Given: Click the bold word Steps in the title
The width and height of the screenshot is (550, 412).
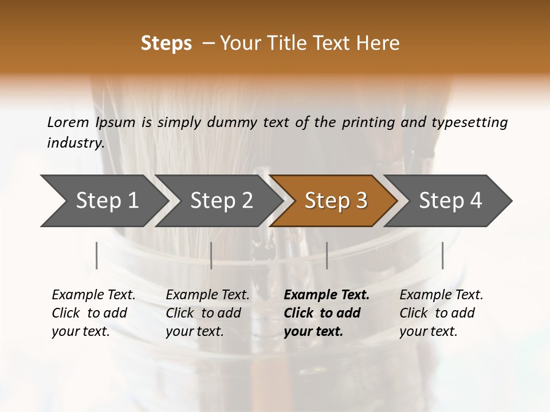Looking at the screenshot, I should click(x=166, y=43).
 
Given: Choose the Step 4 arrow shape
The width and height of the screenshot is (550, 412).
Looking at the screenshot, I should click(x=450, y=201).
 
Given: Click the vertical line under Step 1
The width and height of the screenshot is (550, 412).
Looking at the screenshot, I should click(x=97, y=255).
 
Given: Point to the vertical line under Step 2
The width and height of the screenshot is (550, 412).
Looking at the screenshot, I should click(x=211, y=255).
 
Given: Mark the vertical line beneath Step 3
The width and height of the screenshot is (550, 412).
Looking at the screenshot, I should click(x=327, y=255).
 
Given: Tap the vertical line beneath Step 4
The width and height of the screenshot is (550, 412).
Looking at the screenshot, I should click(x=442, y=255).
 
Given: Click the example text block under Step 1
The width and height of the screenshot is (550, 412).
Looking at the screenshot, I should click(x=93, y=313).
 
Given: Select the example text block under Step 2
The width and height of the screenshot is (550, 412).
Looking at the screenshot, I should click(x=207, y=313).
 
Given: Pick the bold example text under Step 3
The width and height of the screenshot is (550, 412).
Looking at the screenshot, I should click(x=327, y=313).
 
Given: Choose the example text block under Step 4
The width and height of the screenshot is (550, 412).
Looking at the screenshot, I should click(x=441, y=313).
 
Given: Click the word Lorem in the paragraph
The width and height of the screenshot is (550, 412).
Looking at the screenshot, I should click(x=68, y=122).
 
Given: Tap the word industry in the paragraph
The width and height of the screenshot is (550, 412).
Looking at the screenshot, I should click(x=75, y=143).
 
